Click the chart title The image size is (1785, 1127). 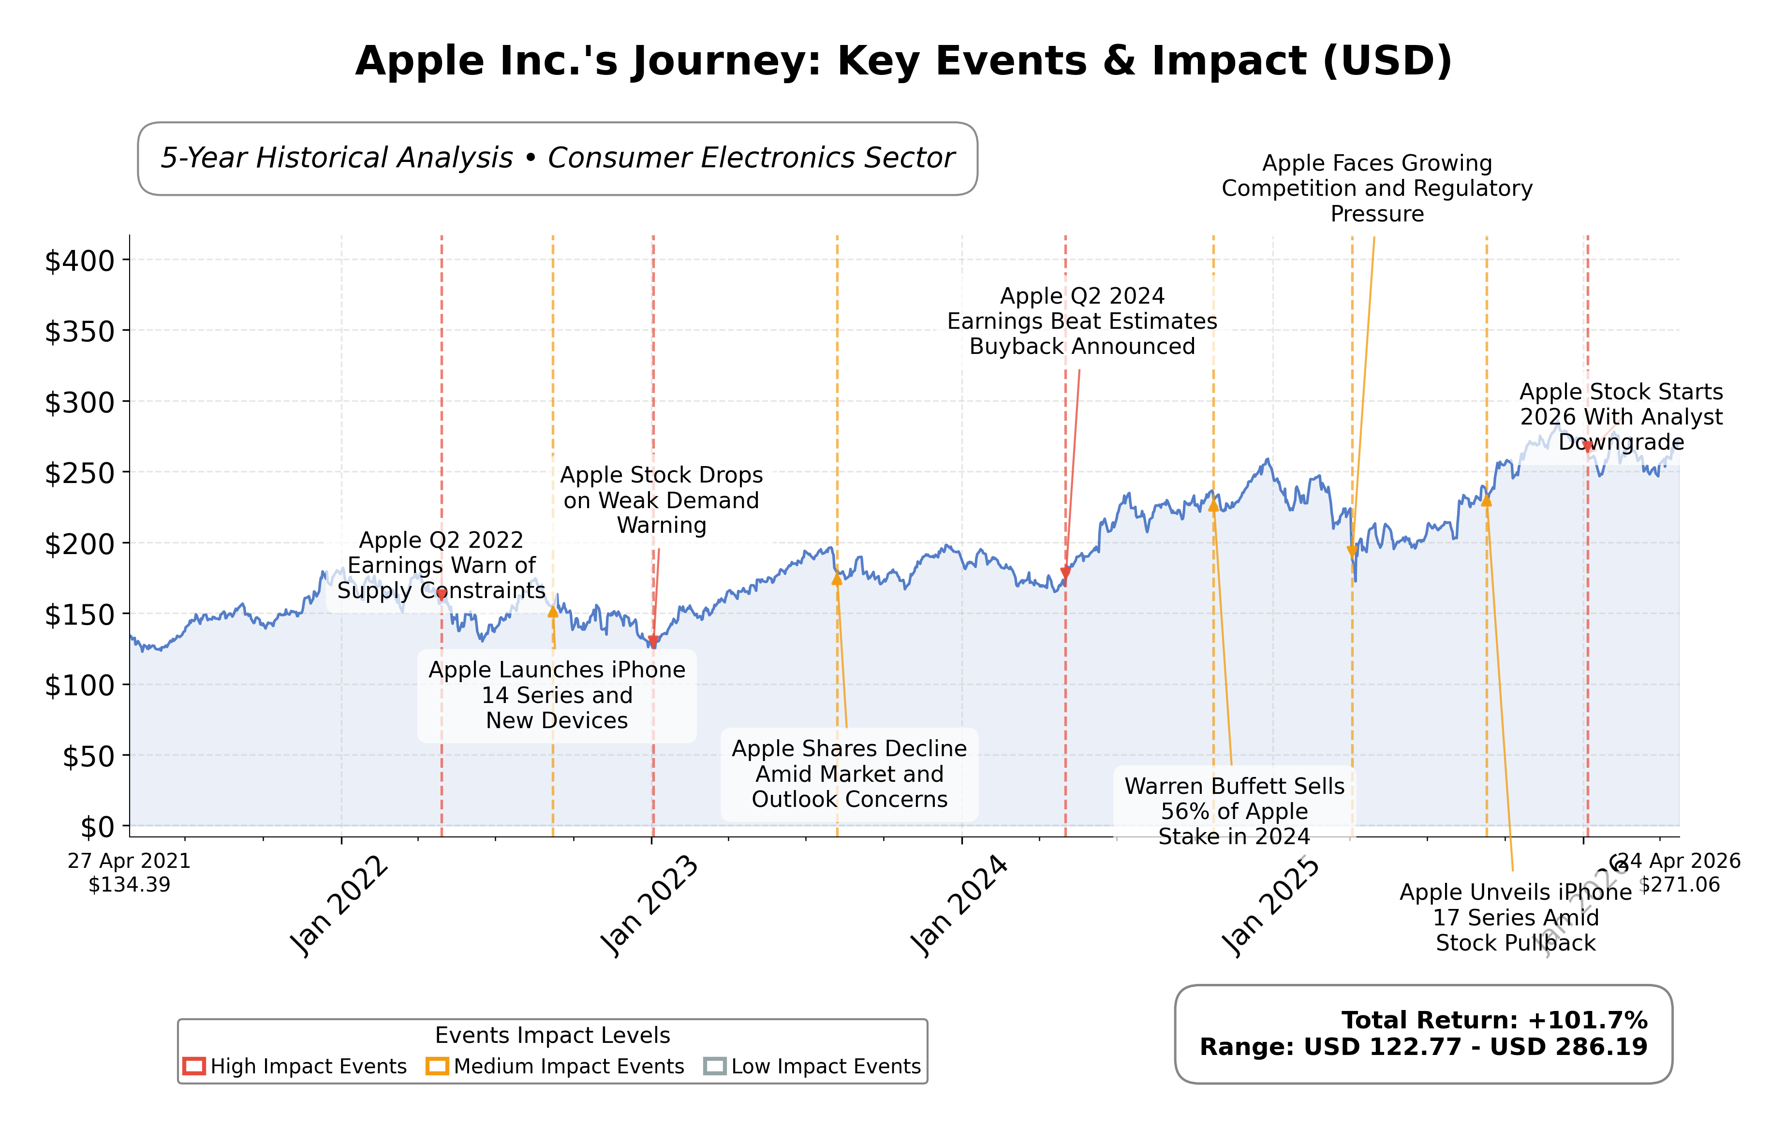click(903, 61)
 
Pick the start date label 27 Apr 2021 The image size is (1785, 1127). click(129, 861)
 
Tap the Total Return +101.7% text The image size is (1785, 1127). click(1494, 1020)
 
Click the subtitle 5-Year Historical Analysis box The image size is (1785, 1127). click(558, 159)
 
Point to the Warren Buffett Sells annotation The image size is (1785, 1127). click(1234, 811)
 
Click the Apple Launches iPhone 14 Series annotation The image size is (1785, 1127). click(557, 695)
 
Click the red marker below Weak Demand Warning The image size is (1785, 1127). click(653, 641)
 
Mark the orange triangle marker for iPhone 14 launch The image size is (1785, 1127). click(553, 611)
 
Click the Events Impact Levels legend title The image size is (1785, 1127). click(552, 1035)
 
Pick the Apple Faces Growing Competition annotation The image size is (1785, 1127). click(1376, 188)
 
